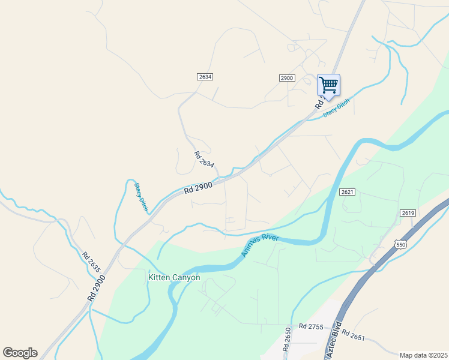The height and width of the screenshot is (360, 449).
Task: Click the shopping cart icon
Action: (x=328, y=85)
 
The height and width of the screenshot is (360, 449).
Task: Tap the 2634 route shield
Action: (x=205, y=77)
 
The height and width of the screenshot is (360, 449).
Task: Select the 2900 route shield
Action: (x=287, y=78)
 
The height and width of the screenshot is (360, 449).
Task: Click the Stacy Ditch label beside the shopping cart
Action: (x=336, y=109)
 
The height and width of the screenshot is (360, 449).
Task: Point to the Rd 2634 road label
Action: (x=204, y=160)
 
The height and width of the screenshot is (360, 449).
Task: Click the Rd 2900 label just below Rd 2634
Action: (x=199, y=187)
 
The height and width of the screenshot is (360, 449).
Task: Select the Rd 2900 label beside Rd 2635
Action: (x=96, y=287)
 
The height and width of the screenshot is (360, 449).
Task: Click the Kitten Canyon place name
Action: (x=174, y=278)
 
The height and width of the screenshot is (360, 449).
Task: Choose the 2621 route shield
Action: (x=346, y=191)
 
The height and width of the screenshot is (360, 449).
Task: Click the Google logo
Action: (x=20, y=353)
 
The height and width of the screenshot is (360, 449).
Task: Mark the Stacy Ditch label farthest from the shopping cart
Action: (x=141, y=197)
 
